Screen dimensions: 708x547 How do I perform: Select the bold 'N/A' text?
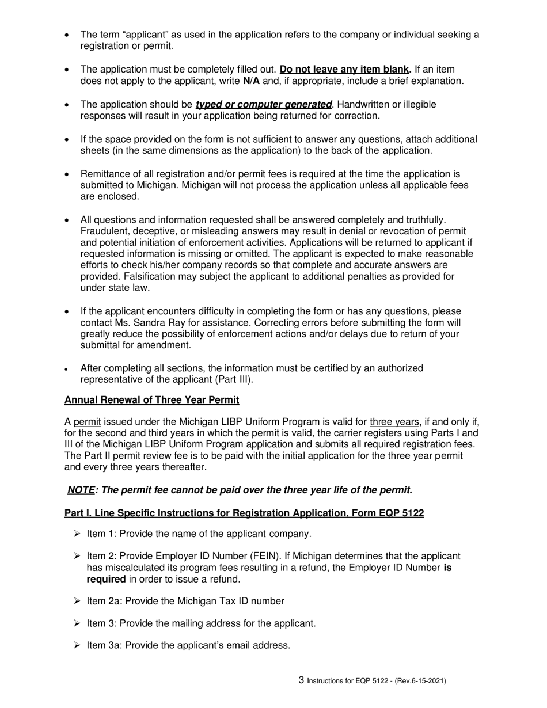click(x=252, y=81)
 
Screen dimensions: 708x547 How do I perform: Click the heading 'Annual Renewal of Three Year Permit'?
click(x=151, y=399)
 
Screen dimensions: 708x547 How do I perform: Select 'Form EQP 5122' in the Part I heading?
click(x=392, y=513)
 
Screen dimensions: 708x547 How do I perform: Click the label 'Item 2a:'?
click(x=104, y=601)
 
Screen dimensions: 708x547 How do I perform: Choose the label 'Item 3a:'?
click(x=104, y=645)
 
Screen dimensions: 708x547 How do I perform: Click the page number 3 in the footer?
click(x=302, y=680)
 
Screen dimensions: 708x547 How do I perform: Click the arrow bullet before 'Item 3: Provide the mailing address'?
click(x=77, y=623)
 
